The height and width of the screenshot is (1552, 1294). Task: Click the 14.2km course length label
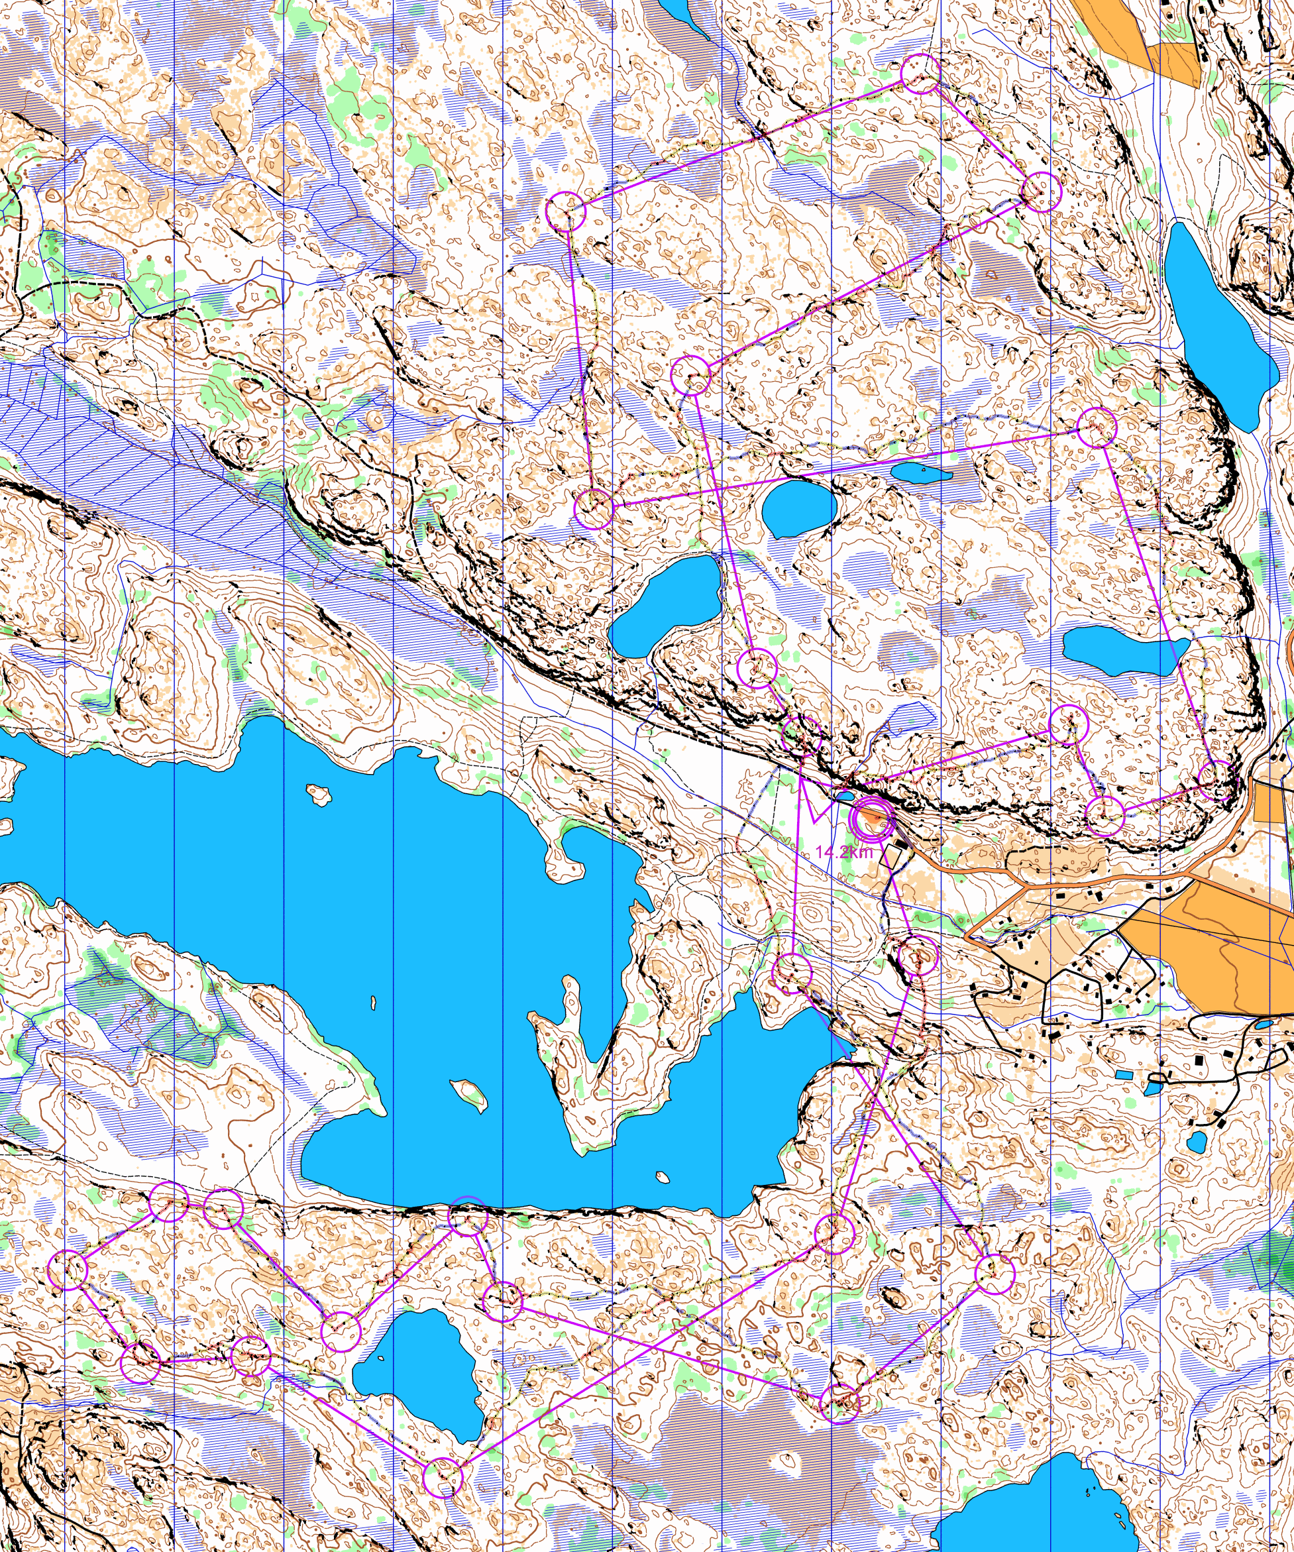(844, 852)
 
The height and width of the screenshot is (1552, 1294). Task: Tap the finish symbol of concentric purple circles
(872, 819)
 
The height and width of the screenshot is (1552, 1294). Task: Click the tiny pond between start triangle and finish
(844, 796)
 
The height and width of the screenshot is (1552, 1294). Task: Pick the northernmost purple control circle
(921, 73)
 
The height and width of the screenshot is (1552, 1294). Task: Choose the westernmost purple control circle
(68, 1270)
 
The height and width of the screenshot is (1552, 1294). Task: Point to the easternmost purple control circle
(1216, 781)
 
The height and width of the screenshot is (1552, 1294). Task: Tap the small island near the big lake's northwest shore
(319, 795)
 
